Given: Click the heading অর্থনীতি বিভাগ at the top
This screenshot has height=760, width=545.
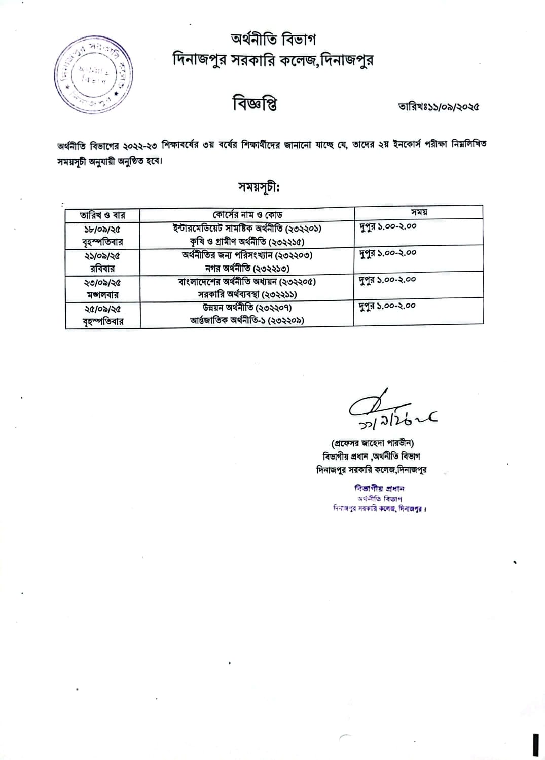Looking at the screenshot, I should pos(273,39).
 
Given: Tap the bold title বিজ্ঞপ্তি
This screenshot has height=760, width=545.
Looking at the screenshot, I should pos(255,104).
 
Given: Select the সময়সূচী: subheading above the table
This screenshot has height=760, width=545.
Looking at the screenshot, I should pos(259,187).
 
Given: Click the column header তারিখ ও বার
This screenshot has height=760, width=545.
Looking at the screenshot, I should pos(102,215).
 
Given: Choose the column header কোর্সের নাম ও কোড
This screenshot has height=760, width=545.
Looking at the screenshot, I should pos(247,215).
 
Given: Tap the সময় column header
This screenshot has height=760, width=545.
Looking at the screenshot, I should pos(419,212).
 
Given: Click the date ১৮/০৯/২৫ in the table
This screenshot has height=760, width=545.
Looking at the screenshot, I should pos(102,229).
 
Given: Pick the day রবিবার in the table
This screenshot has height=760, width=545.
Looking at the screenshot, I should pos(102,269).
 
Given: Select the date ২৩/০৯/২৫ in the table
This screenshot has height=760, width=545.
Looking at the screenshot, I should pos(102,282).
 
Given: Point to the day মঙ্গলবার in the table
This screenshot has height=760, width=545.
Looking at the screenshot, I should pos(102,295).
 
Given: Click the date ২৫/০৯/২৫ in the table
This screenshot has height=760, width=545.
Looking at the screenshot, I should pos(102,309).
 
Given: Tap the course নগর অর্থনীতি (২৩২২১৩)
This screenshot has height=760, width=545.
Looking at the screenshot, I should pos(247,269).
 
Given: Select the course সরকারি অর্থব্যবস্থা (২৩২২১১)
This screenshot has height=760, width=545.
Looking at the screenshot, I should pos(247,294).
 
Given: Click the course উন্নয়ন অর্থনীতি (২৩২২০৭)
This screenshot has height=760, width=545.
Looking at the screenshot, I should pos(247,308).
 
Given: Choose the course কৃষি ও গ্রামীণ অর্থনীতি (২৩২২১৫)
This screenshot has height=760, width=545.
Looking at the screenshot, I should pos(247,242).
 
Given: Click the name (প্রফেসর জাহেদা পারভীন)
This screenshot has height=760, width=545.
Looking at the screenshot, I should pos(372,443).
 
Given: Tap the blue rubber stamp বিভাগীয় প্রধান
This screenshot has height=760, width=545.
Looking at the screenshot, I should pos(379,489).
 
